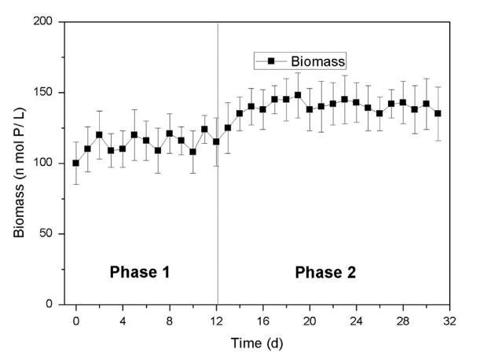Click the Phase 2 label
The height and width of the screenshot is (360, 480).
pyautogui.click(x=324, y=273)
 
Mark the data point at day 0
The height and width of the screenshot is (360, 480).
pyautogui.click(x=76, y=163)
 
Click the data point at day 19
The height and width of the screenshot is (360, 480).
pyautogui.click(x=298, y=95)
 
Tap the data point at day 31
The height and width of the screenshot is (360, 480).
pyautogui.click(x=438, y=113)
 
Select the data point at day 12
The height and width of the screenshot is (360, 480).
pyautogui.click(x=216, y=141)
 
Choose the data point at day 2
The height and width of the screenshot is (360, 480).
pyautogui.click(x=99, y=134)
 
